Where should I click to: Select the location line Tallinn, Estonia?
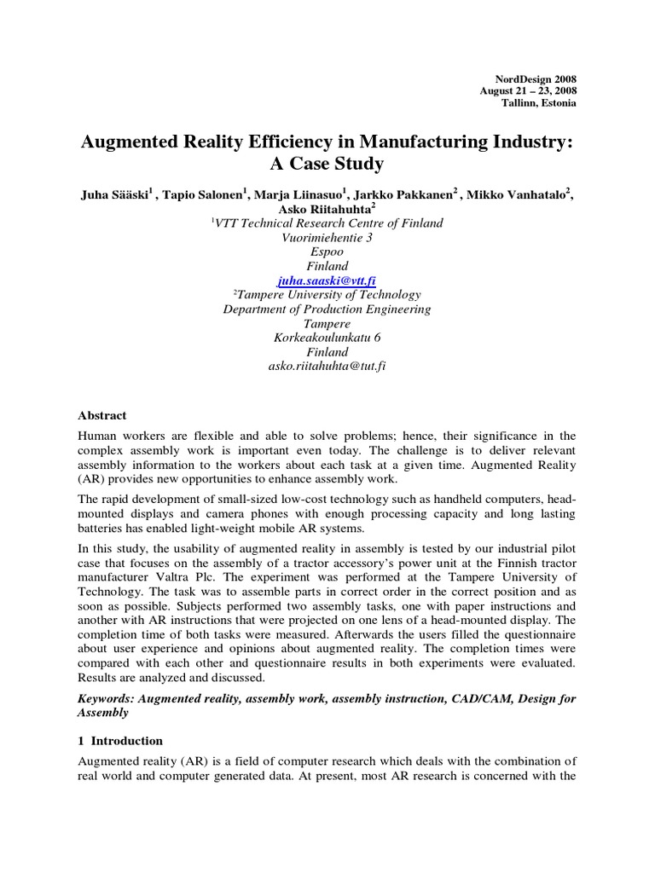click(x=538, y=103)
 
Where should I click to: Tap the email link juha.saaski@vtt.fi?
click(x=327, y=280)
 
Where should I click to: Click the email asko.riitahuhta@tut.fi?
click(x=327, y=366)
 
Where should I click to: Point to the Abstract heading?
click(x=102, y=415)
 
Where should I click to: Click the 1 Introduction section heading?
click(x=120, y=741)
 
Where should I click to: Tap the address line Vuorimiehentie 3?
click(x=327, y=238)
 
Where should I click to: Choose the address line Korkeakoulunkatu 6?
click(x=327, y=338)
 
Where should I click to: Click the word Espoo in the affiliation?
click(x=327, y=252)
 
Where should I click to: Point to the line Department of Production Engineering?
click(x=327, y=309)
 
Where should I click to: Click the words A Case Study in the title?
click(x=327, y=164)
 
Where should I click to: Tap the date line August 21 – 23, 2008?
click(x=528, y=90)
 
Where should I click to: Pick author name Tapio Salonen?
click(x=208, y=194)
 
